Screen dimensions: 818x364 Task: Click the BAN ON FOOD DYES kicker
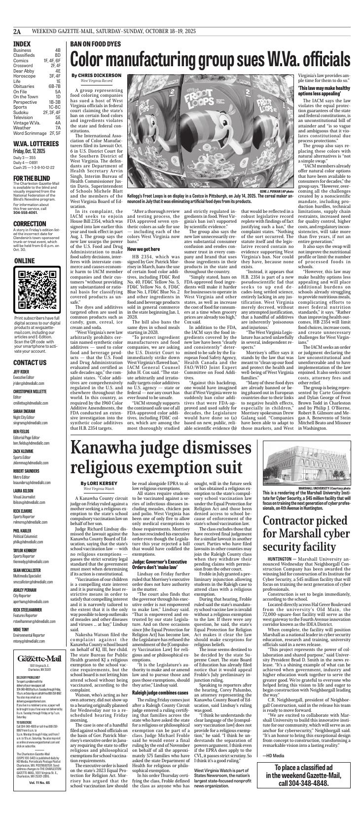pyautogui.click(x=95, y=44)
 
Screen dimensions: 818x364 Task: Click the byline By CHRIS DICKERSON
pyautogui.click(x=96, y=75)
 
